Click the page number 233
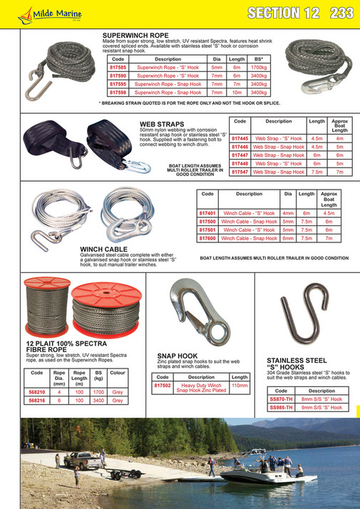pos(342,12)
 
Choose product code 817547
pos(240,172)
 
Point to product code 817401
pos(208,212)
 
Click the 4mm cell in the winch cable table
pos(288,212)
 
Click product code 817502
pos(163,386)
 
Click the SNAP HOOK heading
pos(178,354)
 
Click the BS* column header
pos(259,58)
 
